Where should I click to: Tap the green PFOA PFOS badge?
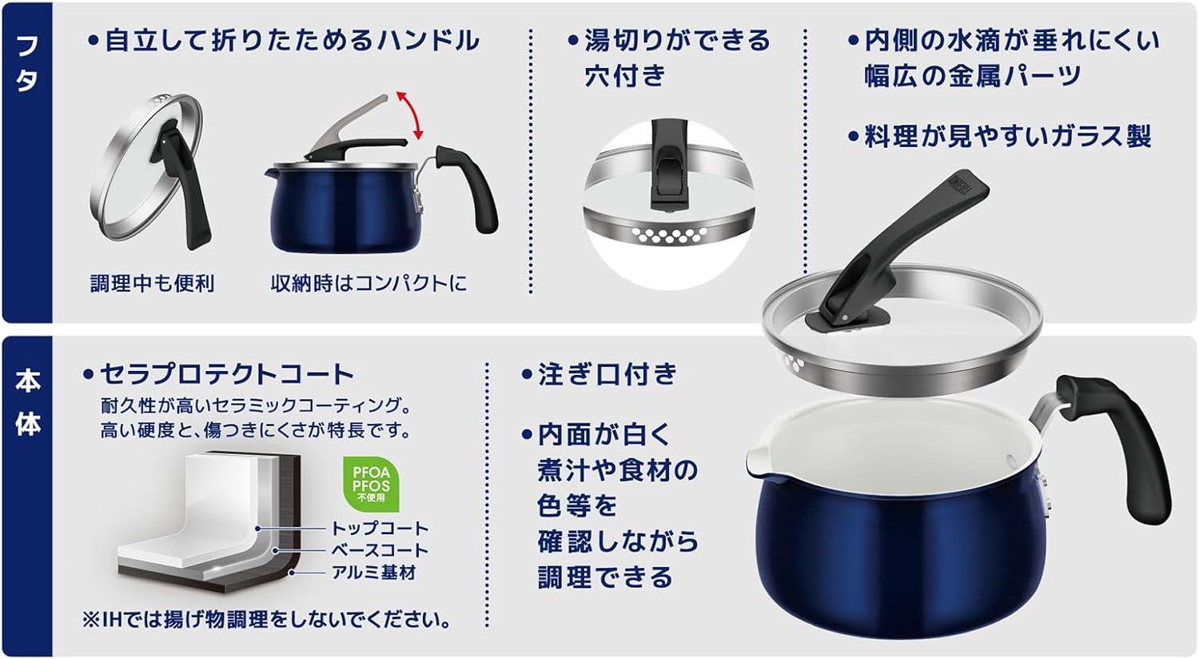[371, 484]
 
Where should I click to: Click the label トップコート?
[380, 529]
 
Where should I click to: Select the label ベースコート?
[380, 550]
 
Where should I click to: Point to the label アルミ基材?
[373, 573]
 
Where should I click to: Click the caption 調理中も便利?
[153, 283]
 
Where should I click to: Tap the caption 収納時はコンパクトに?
[368, 283]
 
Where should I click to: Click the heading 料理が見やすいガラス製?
[1007, 136]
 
